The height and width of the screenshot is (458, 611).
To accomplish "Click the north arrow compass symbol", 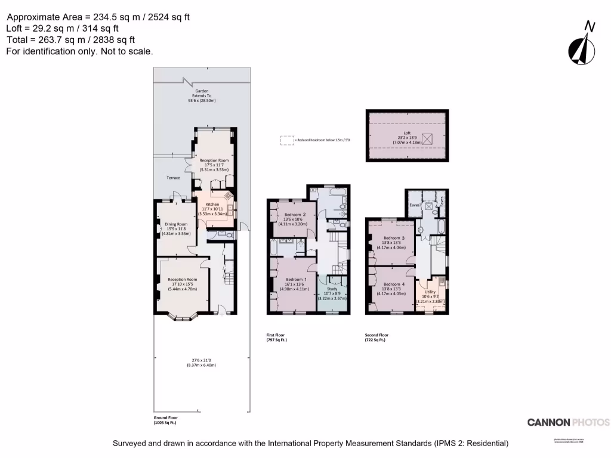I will pos(583,44).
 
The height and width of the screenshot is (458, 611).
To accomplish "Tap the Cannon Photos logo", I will pos(568,422).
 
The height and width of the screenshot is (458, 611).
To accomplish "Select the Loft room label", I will pos(406,133).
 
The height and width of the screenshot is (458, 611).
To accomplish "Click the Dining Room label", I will pos(176,224).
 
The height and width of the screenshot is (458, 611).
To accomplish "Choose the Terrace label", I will pos(173,178).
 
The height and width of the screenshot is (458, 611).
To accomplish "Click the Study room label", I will pos(332,289).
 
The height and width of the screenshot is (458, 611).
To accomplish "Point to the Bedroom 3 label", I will pos(394,238).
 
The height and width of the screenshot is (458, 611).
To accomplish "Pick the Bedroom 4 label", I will pos(394,284).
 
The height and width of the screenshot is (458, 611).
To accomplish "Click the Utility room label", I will pos(430,292).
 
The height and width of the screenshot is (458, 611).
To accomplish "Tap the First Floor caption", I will pos(277,335).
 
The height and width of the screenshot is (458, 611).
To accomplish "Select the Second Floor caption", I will pos(377,335).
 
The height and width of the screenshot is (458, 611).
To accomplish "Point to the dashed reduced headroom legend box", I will pos(288,140).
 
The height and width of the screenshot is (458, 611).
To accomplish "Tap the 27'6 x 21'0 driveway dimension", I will pos(201,360).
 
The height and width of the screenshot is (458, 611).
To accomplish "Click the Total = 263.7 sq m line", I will pos(71,40).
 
